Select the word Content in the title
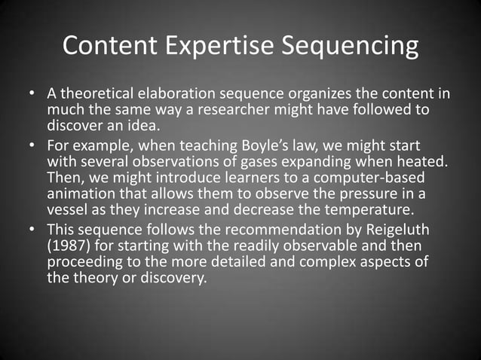pyautogui.click(x=109, y=47)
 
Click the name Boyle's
pyautogui.click(x=268, y=143)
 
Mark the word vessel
pyautogui.click(x=69, y=208)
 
